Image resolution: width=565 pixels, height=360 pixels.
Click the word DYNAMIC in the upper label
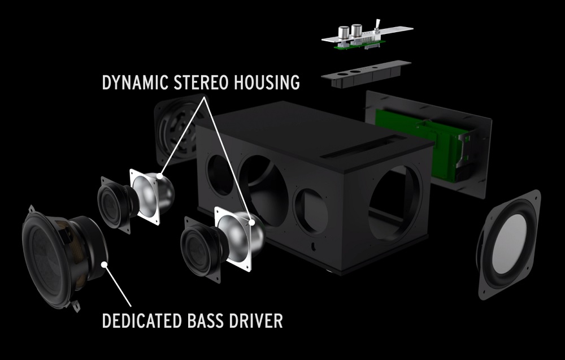coord(135,83)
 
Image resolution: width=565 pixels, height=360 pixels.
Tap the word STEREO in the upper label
coord(201,83)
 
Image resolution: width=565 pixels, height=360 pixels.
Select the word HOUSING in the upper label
coord(267,83)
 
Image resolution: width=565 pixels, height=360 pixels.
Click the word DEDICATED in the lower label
coord(142,320)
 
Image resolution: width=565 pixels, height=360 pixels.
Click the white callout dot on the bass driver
coord(105,264)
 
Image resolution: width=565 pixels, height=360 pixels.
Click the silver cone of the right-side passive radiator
coord(509,244)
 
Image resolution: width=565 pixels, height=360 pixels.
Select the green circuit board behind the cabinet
coord(418,145)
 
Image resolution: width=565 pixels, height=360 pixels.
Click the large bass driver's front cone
coord(45,258)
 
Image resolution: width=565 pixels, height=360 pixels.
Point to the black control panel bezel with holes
coord(366,74)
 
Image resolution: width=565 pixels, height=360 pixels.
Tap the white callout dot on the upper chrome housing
coord(159,176)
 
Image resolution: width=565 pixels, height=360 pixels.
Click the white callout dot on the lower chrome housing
coord(252,222)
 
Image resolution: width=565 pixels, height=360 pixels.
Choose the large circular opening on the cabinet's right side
coord(394,203)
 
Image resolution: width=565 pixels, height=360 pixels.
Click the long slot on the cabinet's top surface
coord(363,146)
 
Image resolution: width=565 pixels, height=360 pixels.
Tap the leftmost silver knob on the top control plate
coord(344,32)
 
